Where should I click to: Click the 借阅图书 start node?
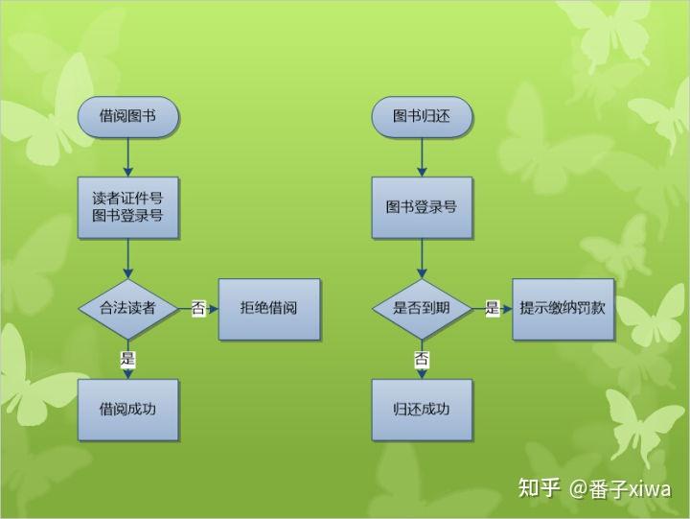point(128,116)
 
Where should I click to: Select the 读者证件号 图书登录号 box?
point(128,206)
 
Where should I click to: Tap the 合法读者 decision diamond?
point(128,308)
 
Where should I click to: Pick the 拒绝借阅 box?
point(269,308)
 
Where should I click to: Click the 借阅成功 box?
point(128,410)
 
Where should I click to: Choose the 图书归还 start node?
point(422,116)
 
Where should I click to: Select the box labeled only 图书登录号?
point(422,206)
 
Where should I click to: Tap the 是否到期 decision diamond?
point(422,308)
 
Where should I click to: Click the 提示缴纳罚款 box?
point(563,308)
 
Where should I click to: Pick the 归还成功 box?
point(422,410)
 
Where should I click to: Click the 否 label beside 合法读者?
point(198,308)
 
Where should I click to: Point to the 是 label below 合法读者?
point(128,359)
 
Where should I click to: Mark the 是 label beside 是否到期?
point(493,308)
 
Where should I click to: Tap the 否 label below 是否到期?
point(422,359)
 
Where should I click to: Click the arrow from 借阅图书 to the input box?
point(128,155)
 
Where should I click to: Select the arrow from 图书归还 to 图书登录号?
point(422,155)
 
